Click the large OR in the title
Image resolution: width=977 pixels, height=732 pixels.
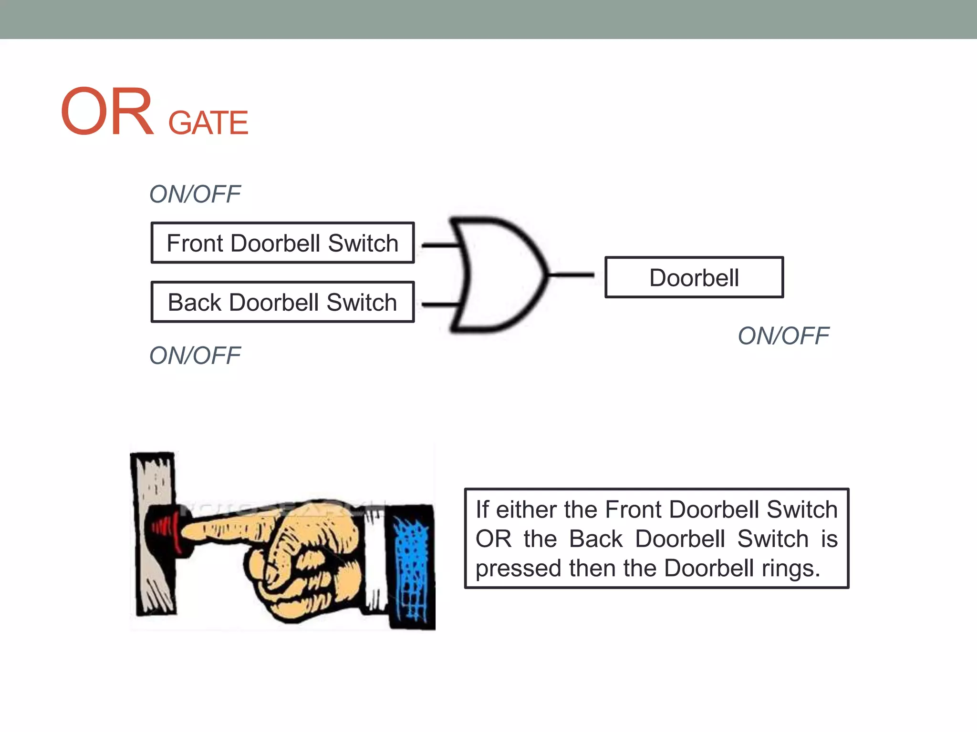(x=107, y=112)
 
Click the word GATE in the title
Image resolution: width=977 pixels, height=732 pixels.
(x=208, y=123)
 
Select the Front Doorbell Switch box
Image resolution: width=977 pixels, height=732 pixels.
(x=282, y=243)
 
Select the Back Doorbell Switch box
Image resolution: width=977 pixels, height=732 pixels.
(x=282, y=302)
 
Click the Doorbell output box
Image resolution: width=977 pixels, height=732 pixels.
(x=694, y=277)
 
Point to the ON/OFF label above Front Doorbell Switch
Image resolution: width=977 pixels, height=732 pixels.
(x=195, y=194)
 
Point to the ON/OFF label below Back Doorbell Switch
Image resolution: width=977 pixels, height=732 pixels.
(x=195, y=356)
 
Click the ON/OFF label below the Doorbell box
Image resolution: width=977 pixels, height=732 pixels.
(x=783, y=336)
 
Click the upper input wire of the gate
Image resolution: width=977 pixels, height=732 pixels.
(x=440, y=245)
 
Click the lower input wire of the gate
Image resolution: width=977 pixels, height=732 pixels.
(x=440, y=304)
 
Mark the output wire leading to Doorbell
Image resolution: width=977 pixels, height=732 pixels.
(x=572, y=275)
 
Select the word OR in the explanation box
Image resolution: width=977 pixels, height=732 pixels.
(x=493, y=539)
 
